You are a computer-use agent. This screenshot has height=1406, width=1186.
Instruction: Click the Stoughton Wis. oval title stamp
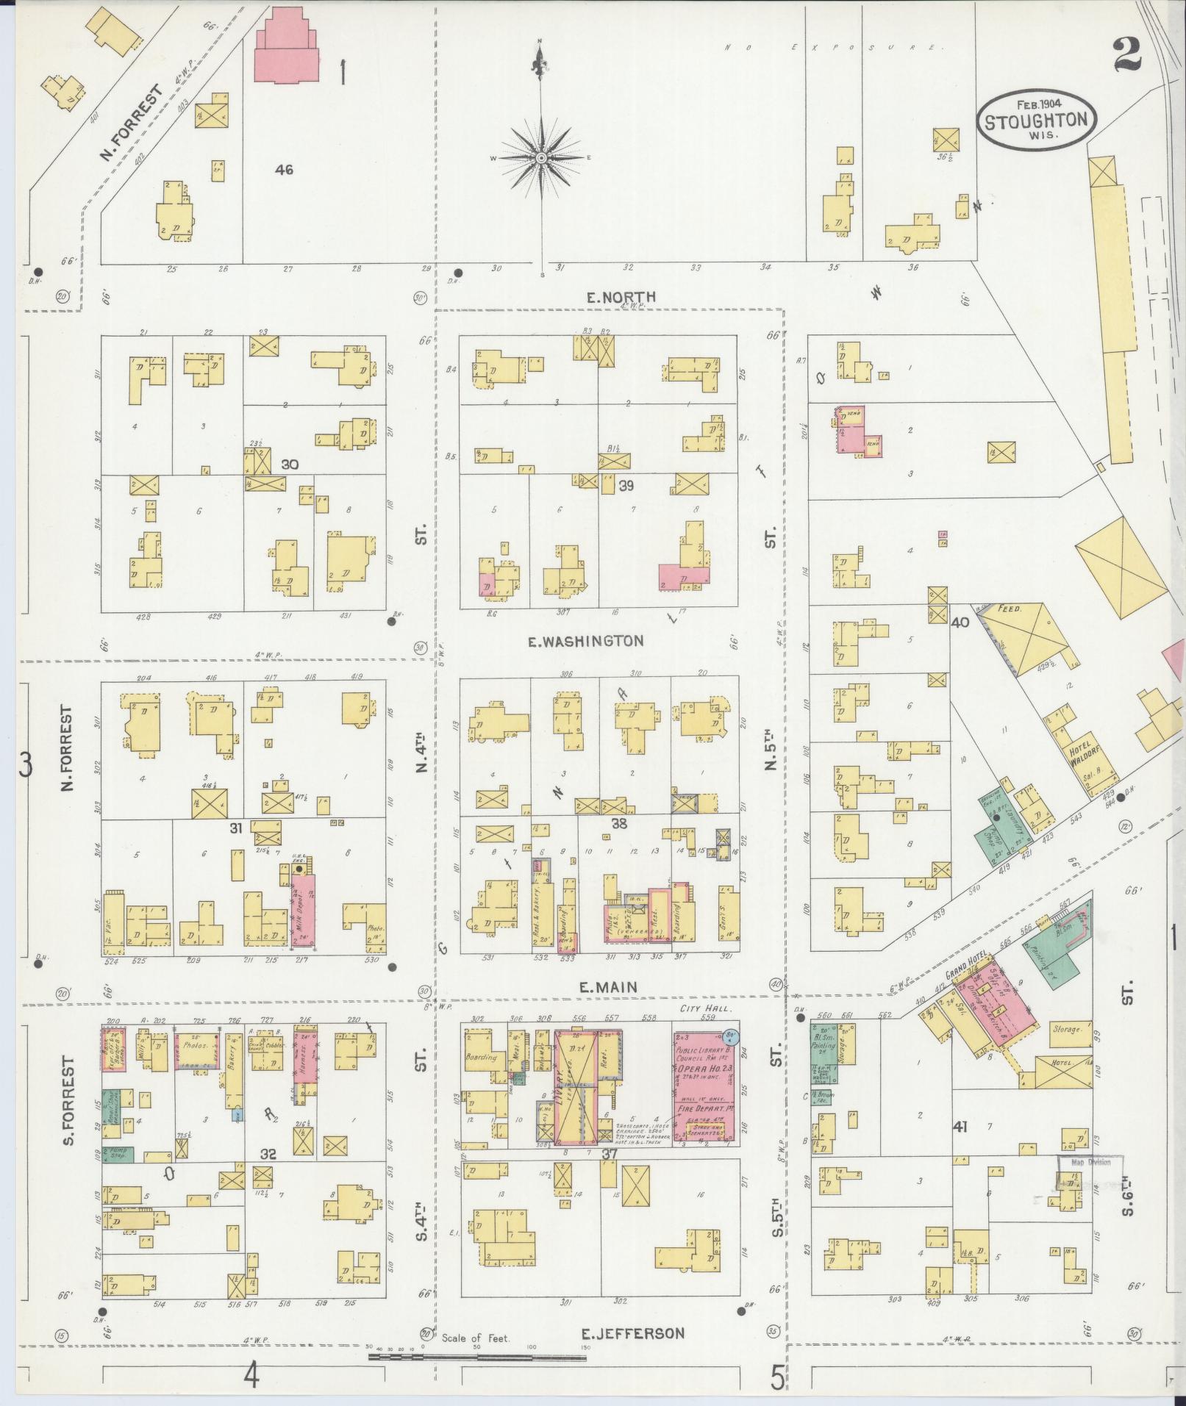[1036, 121]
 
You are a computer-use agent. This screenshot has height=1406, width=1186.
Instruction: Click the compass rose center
[541, 157]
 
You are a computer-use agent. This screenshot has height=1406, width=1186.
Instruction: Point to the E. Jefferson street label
[632, 1333]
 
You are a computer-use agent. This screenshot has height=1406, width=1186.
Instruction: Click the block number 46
[284, 170]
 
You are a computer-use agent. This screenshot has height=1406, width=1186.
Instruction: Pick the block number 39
[626, 484]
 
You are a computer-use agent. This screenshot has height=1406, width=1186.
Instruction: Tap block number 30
[290, 465]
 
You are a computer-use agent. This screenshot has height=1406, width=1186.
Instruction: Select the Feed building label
[1007, 609]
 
